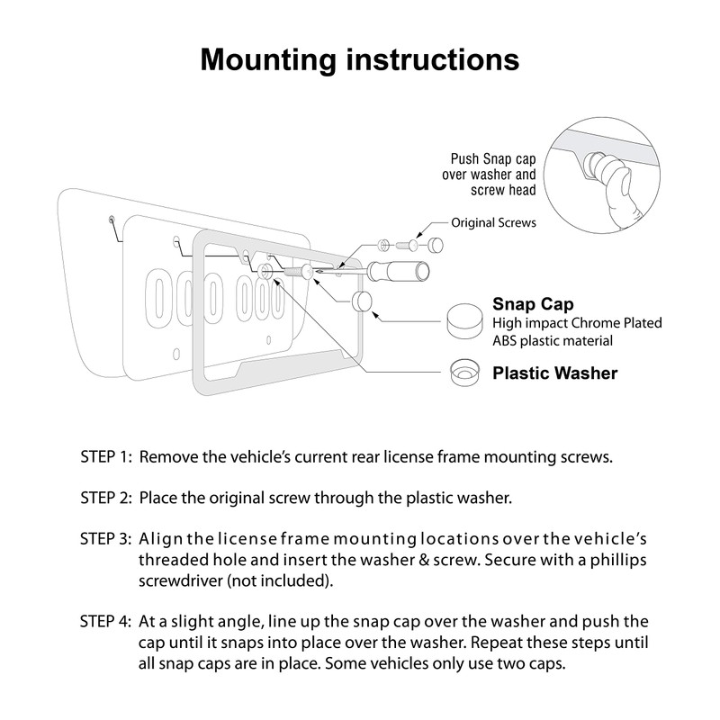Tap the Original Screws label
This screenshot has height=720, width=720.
[x=493, y=222]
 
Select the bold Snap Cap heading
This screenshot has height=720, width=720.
[x=533, y=304]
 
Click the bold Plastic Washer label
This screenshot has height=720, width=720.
[x=554, y=373]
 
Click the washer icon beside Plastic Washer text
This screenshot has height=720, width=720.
[x=464, y=371]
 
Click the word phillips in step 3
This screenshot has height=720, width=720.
[x=614, y=560]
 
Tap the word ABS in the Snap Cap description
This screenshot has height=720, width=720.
[x=508, y=340]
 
